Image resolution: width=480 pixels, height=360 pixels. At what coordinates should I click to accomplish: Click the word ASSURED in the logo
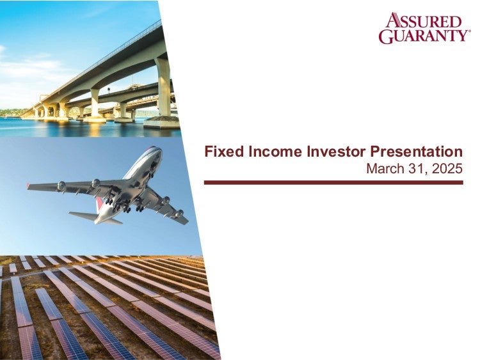(x=424, y=21)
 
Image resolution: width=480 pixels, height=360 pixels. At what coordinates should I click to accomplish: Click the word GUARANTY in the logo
(x=422, y=36)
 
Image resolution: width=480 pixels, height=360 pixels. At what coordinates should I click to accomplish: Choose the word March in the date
(x=384, y=169)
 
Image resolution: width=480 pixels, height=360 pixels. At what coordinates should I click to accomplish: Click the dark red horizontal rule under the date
(x=333, y=183)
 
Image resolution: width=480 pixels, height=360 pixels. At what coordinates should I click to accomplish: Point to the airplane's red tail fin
(x=99, y=204)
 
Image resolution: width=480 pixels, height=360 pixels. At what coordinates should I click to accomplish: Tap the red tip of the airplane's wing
(x=28, y=185)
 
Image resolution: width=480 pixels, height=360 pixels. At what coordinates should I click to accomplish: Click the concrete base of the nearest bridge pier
(x=161, y=122)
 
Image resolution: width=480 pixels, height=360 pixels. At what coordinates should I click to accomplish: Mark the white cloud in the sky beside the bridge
(x=34, y=66)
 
